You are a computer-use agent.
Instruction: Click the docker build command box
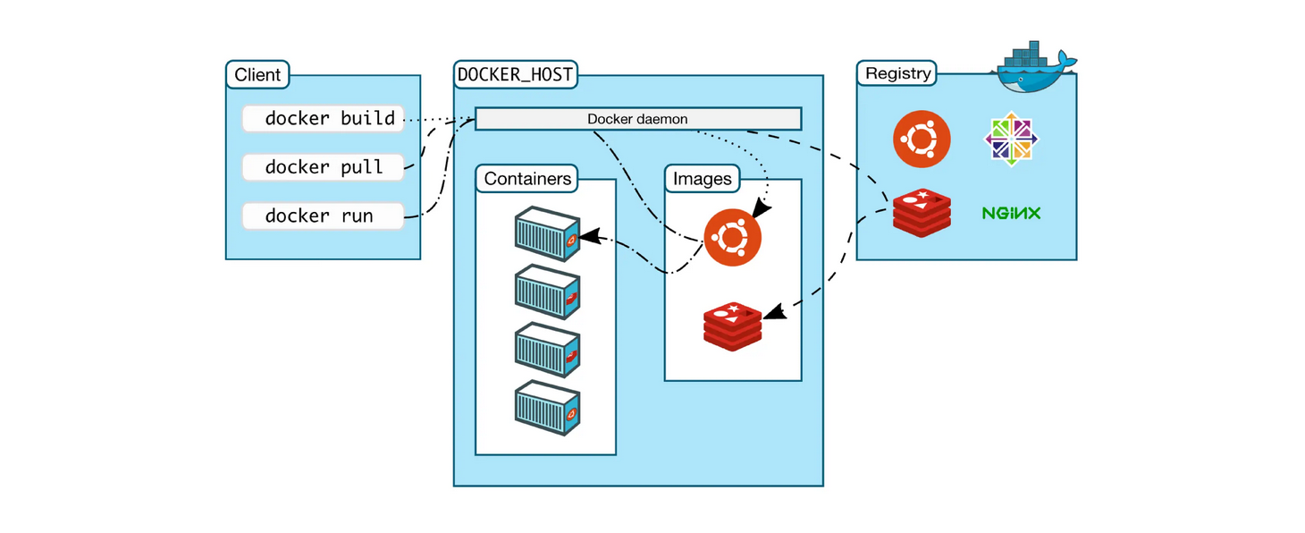click(323, 118)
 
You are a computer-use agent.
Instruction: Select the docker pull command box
click(323, 167)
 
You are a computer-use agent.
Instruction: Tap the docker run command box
click(323, 216)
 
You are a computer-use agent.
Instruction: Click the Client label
click(257, 74)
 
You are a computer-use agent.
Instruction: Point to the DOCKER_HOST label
click(516, 74)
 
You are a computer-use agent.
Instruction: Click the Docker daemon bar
click(637, 119)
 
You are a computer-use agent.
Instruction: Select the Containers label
click(527, 179)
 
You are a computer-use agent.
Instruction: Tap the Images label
click(702, 179)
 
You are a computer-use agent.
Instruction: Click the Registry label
click(897, 73)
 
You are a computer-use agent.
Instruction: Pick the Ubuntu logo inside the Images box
click(732, 238)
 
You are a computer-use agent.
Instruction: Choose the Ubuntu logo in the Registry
click(922, 139)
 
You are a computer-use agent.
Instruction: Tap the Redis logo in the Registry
click(921, 213)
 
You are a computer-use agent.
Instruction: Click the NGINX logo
click(1011, 214)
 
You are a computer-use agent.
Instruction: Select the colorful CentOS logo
click(1012, 139)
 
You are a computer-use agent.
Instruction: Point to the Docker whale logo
click(1034, 69)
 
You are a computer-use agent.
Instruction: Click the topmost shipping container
click(547, 233)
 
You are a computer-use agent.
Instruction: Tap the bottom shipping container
click(547, 407)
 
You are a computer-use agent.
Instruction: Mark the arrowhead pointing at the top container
click(588, 238)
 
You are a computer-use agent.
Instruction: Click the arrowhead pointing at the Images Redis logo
click(773, 312)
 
